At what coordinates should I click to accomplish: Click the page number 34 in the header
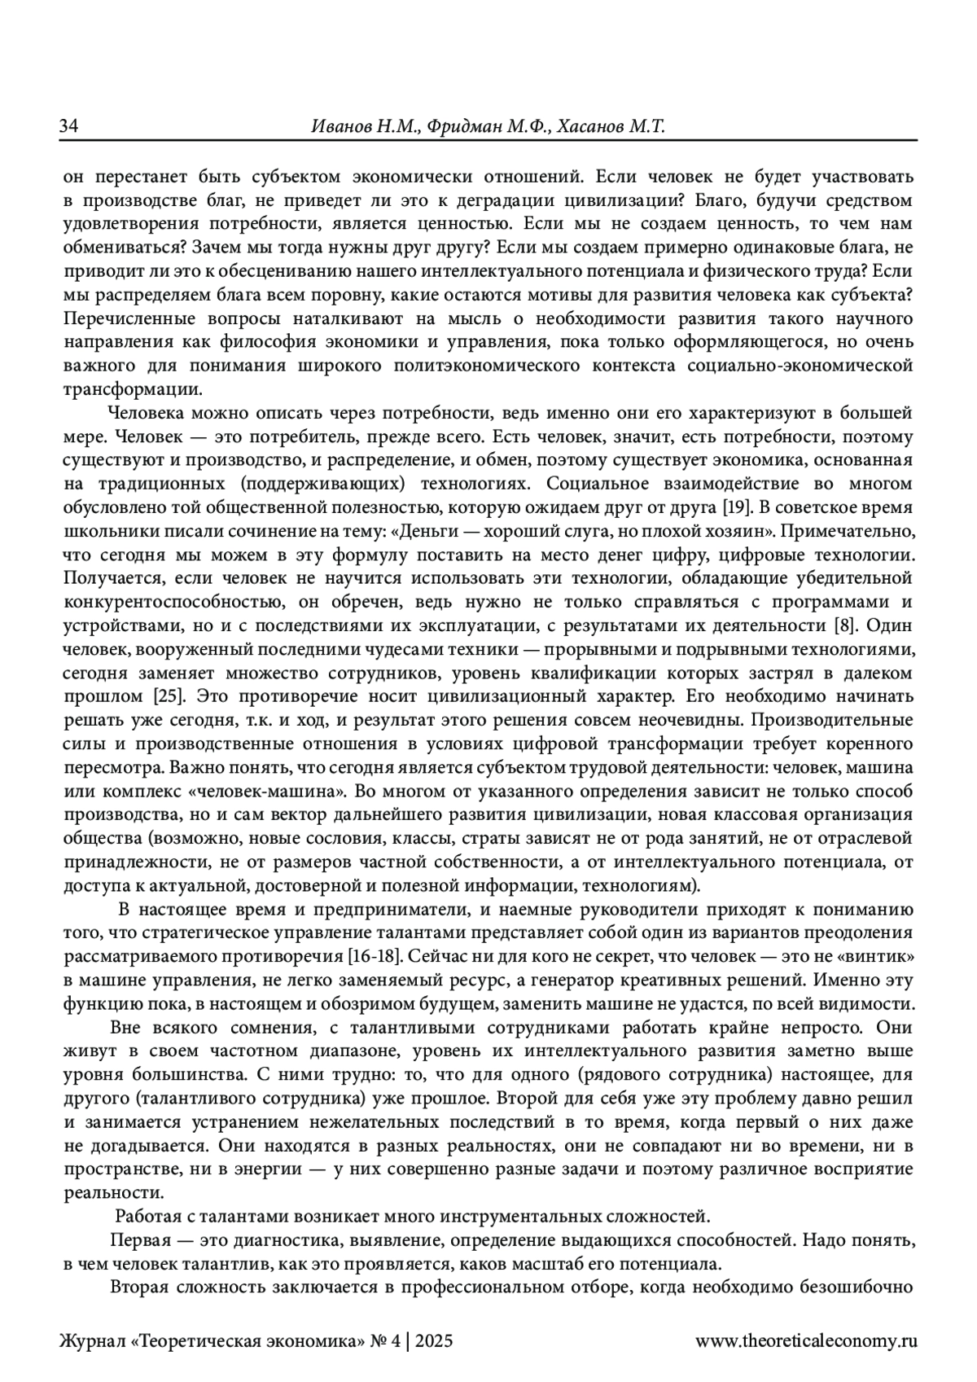pos(68,127)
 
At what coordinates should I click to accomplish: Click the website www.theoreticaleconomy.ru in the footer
pos(807,1339)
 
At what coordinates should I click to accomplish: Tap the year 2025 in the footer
pos(434,1339)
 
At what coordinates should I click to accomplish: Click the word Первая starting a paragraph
pos(139,1242)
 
